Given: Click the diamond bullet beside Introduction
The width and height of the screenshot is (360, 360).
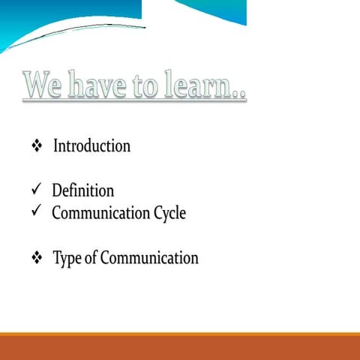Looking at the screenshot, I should coord(36,146).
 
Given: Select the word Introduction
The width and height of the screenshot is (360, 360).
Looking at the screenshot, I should coord(91,145).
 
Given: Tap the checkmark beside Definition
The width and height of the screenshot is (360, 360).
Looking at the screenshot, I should coord(36,190).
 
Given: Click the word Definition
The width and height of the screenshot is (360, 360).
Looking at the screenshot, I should coord(82,190).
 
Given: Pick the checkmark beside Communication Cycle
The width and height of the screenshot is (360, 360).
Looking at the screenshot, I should coord(36,212).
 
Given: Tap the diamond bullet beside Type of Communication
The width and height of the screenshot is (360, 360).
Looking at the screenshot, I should coord(36,259).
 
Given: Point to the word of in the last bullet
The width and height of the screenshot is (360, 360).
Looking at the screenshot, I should coord(90,259).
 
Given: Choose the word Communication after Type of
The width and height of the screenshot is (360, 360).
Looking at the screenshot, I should coord(149,259).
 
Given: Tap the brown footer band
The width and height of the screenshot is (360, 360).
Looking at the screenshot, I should coord(180,347).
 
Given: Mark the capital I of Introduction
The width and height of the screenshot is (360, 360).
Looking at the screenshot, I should coord(55,145).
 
